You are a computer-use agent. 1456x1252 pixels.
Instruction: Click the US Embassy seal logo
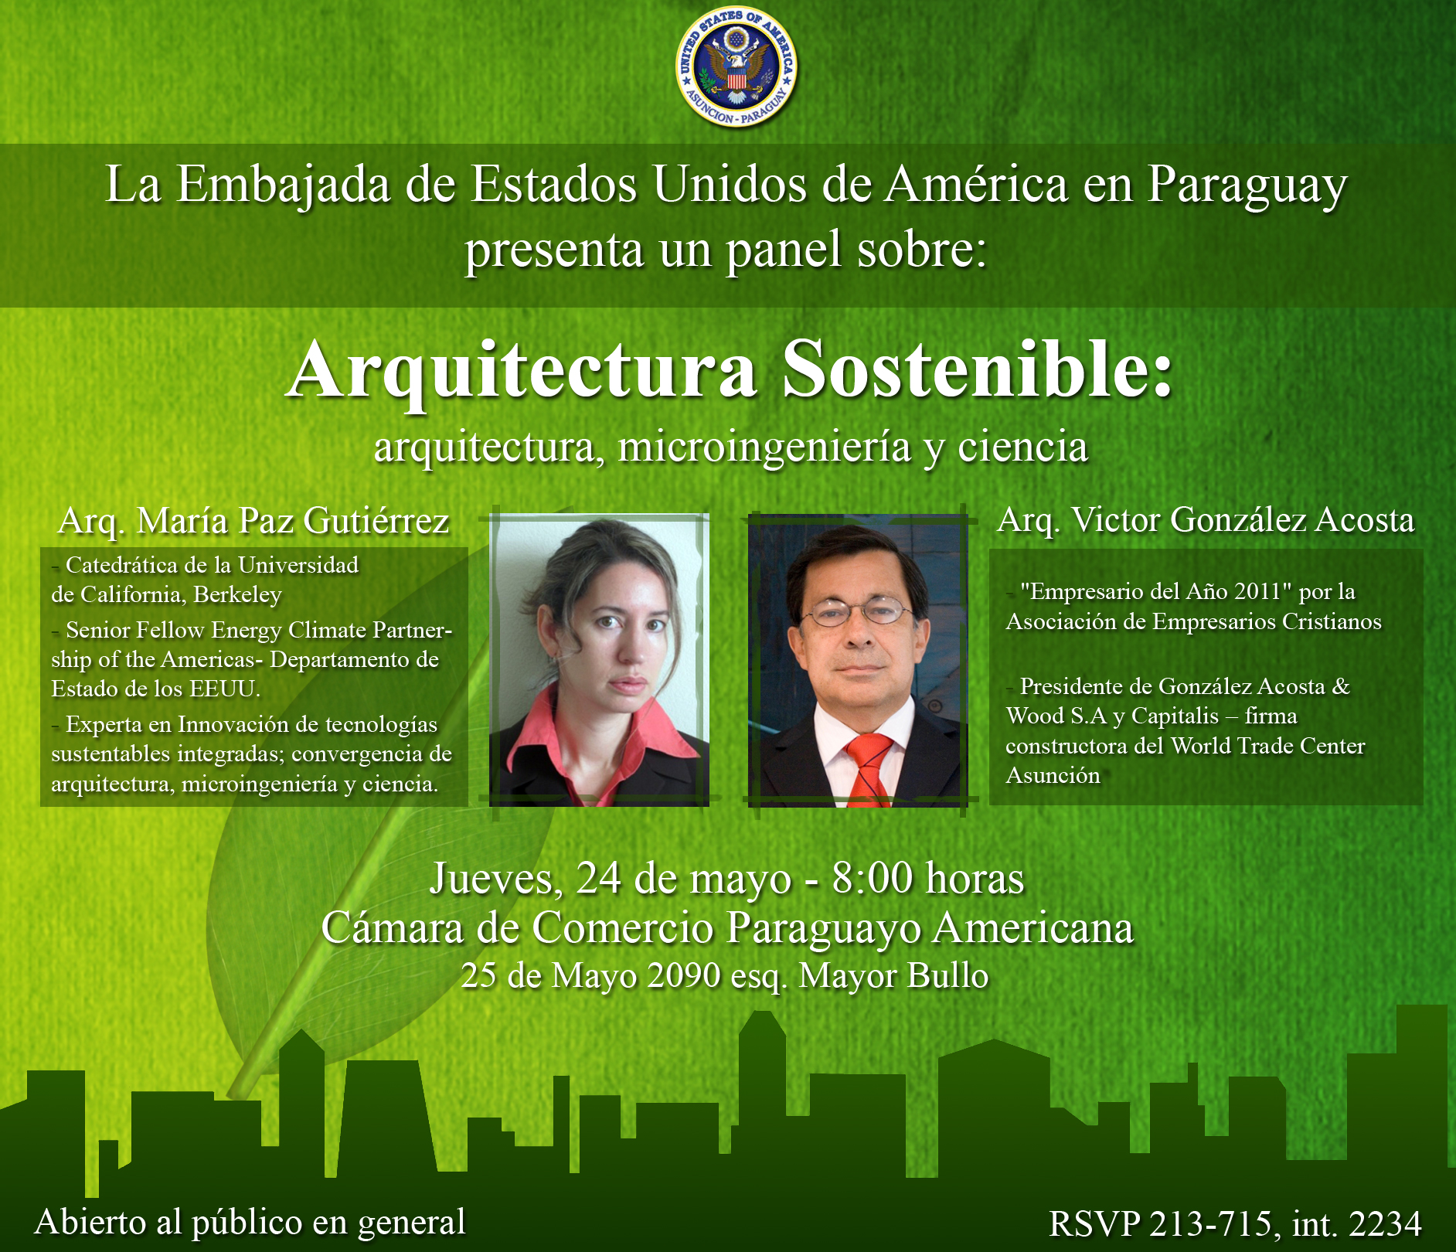[x=736, y=68]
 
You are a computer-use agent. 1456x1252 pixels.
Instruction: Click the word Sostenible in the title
[x=977, y=369]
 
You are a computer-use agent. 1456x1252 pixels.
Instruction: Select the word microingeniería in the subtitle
[x=764, y=447]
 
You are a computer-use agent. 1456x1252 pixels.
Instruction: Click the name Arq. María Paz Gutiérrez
[x=253, y=521]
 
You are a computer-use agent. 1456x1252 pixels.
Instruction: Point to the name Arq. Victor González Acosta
[x=1206, y=519]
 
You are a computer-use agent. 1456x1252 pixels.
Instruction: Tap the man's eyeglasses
[x=858, y=611]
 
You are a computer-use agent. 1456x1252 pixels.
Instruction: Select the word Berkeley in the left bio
[x=237, y=595]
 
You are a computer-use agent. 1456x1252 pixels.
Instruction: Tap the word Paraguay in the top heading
[x=1247, y=186]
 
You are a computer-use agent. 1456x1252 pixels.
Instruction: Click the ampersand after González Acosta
[x=1341, y=686]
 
